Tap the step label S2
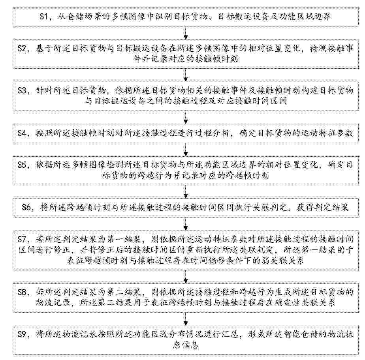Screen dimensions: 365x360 [x=23, y=49]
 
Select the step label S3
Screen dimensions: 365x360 [x=23, y=90]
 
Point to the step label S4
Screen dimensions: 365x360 [x=23, y=133]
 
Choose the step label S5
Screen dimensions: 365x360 [x=23, y=165]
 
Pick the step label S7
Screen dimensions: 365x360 [x=23, y=239]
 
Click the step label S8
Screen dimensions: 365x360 [x=23, y=292]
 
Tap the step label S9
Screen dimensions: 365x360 [x=23, y=334]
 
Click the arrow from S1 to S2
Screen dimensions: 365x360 [x=186, y=33]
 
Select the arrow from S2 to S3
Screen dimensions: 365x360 [x=186, y=75]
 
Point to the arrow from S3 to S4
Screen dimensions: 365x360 [x=186, y=118]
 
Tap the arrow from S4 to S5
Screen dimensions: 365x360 [x=186, y=149]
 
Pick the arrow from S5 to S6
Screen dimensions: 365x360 [x=186, y=191]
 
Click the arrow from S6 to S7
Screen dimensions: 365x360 [x=186, y=224]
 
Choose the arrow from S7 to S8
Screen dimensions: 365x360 [x=186, y=276]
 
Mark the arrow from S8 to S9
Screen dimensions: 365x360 [x=186, y=319]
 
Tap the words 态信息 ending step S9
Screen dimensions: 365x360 [x=186, y=345]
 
